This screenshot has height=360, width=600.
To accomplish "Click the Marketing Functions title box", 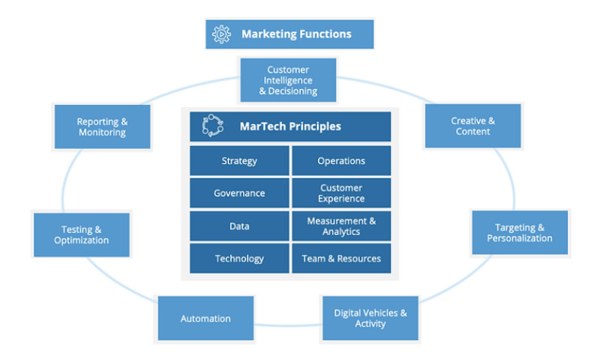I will (289, 34).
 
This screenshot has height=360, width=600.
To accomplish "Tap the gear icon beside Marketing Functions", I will (222, 34).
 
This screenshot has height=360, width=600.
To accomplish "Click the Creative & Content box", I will (472, 126).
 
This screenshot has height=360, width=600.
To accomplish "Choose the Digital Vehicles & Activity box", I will (370, 318).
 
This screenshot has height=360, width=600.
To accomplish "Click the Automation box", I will (205, 319).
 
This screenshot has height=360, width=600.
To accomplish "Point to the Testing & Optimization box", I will (81, 235).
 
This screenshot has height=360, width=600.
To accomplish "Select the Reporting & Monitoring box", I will (102, 126).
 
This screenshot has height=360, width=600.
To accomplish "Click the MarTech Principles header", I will (290, 126).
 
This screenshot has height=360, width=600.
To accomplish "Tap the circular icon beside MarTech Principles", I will (214, 126).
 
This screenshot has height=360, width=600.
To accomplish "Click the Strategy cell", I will (239, 160).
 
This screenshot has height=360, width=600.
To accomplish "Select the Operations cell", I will (341, 160).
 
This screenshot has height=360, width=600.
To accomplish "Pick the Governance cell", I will (239, 193).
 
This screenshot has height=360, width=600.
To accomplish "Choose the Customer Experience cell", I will (341, 193).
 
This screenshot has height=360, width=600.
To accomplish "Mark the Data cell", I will (239, 226).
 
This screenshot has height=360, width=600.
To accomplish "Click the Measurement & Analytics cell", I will (341, 226).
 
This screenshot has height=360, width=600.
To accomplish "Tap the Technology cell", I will (239, 258).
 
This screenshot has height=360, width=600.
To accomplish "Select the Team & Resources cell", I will (341, 258).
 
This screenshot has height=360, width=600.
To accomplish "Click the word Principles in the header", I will (313, 126).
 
